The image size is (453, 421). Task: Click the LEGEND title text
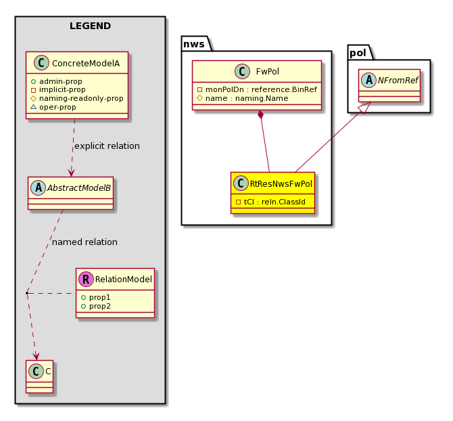90,26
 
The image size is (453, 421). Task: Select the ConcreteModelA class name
86,64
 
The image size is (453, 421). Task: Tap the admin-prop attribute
61,81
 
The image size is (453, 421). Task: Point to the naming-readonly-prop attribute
81,98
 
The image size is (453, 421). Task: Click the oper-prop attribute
57,107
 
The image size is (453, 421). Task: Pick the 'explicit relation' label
108,146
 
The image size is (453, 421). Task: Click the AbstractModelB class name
79,188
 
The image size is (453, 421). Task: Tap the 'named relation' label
85,242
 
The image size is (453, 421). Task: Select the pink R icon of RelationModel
86,279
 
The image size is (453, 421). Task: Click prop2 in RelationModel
99,306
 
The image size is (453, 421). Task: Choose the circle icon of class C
36,371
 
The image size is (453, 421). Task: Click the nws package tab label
194,44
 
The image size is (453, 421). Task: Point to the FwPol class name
268,72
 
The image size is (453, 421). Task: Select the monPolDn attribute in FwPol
261,89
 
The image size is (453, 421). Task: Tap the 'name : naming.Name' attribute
247,98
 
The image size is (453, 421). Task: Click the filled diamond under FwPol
261,115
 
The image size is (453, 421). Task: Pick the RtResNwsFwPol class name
281,184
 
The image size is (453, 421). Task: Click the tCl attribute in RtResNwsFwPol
275,202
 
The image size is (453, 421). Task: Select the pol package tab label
358,53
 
